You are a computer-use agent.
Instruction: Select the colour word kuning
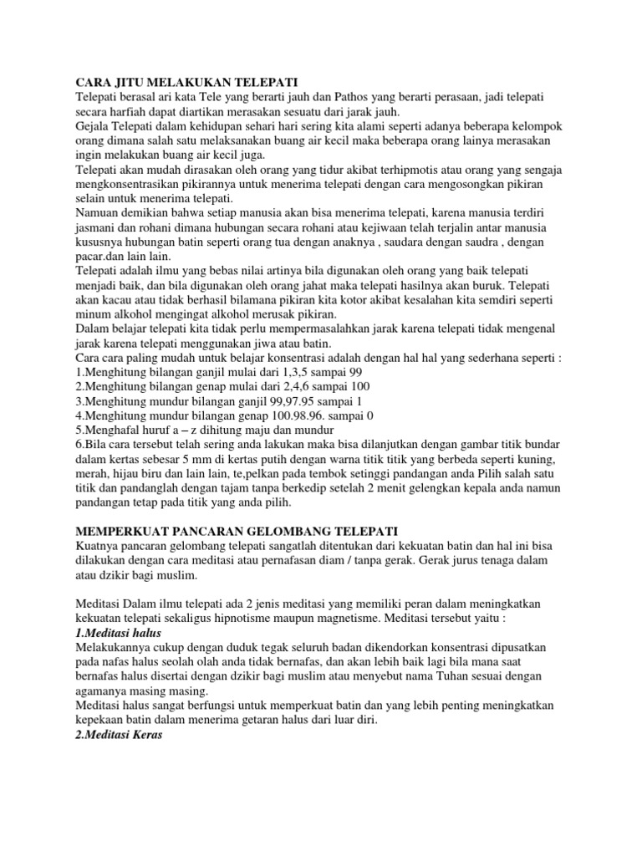(x=538, y=461)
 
